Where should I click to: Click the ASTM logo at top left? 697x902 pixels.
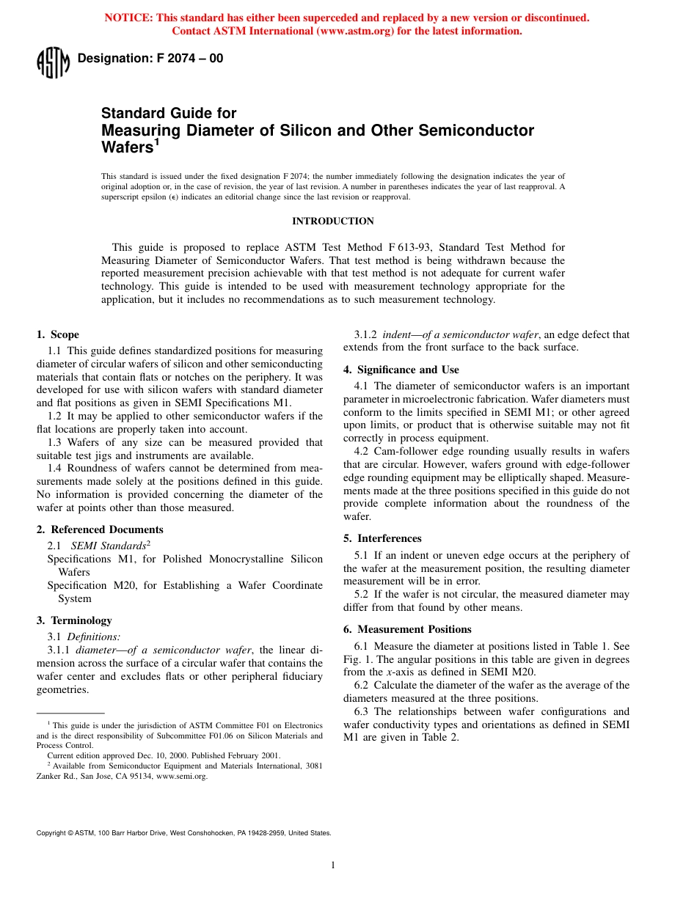pos(53,62)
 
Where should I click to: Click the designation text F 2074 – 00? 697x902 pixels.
pos(150,59)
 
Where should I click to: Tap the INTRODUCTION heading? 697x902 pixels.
pos(332,221)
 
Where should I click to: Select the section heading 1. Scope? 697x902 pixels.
pos(58,335)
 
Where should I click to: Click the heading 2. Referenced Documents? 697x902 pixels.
pos(100,529)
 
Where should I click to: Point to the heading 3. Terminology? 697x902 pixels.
pos(74,620)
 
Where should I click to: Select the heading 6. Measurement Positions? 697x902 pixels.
pos(407,629)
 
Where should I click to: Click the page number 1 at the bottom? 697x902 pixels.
pos(332,865)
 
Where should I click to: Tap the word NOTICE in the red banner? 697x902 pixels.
pos(129,18)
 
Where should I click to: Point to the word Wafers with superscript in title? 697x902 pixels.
pos(126,147)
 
